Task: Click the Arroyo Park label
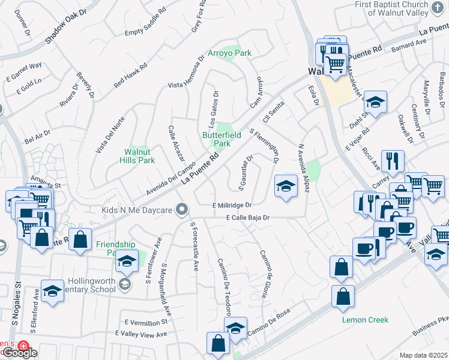coord(229,53)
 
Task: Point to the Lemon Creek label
coord(362,320)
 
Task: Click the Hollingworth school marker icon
coord(125,283)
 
